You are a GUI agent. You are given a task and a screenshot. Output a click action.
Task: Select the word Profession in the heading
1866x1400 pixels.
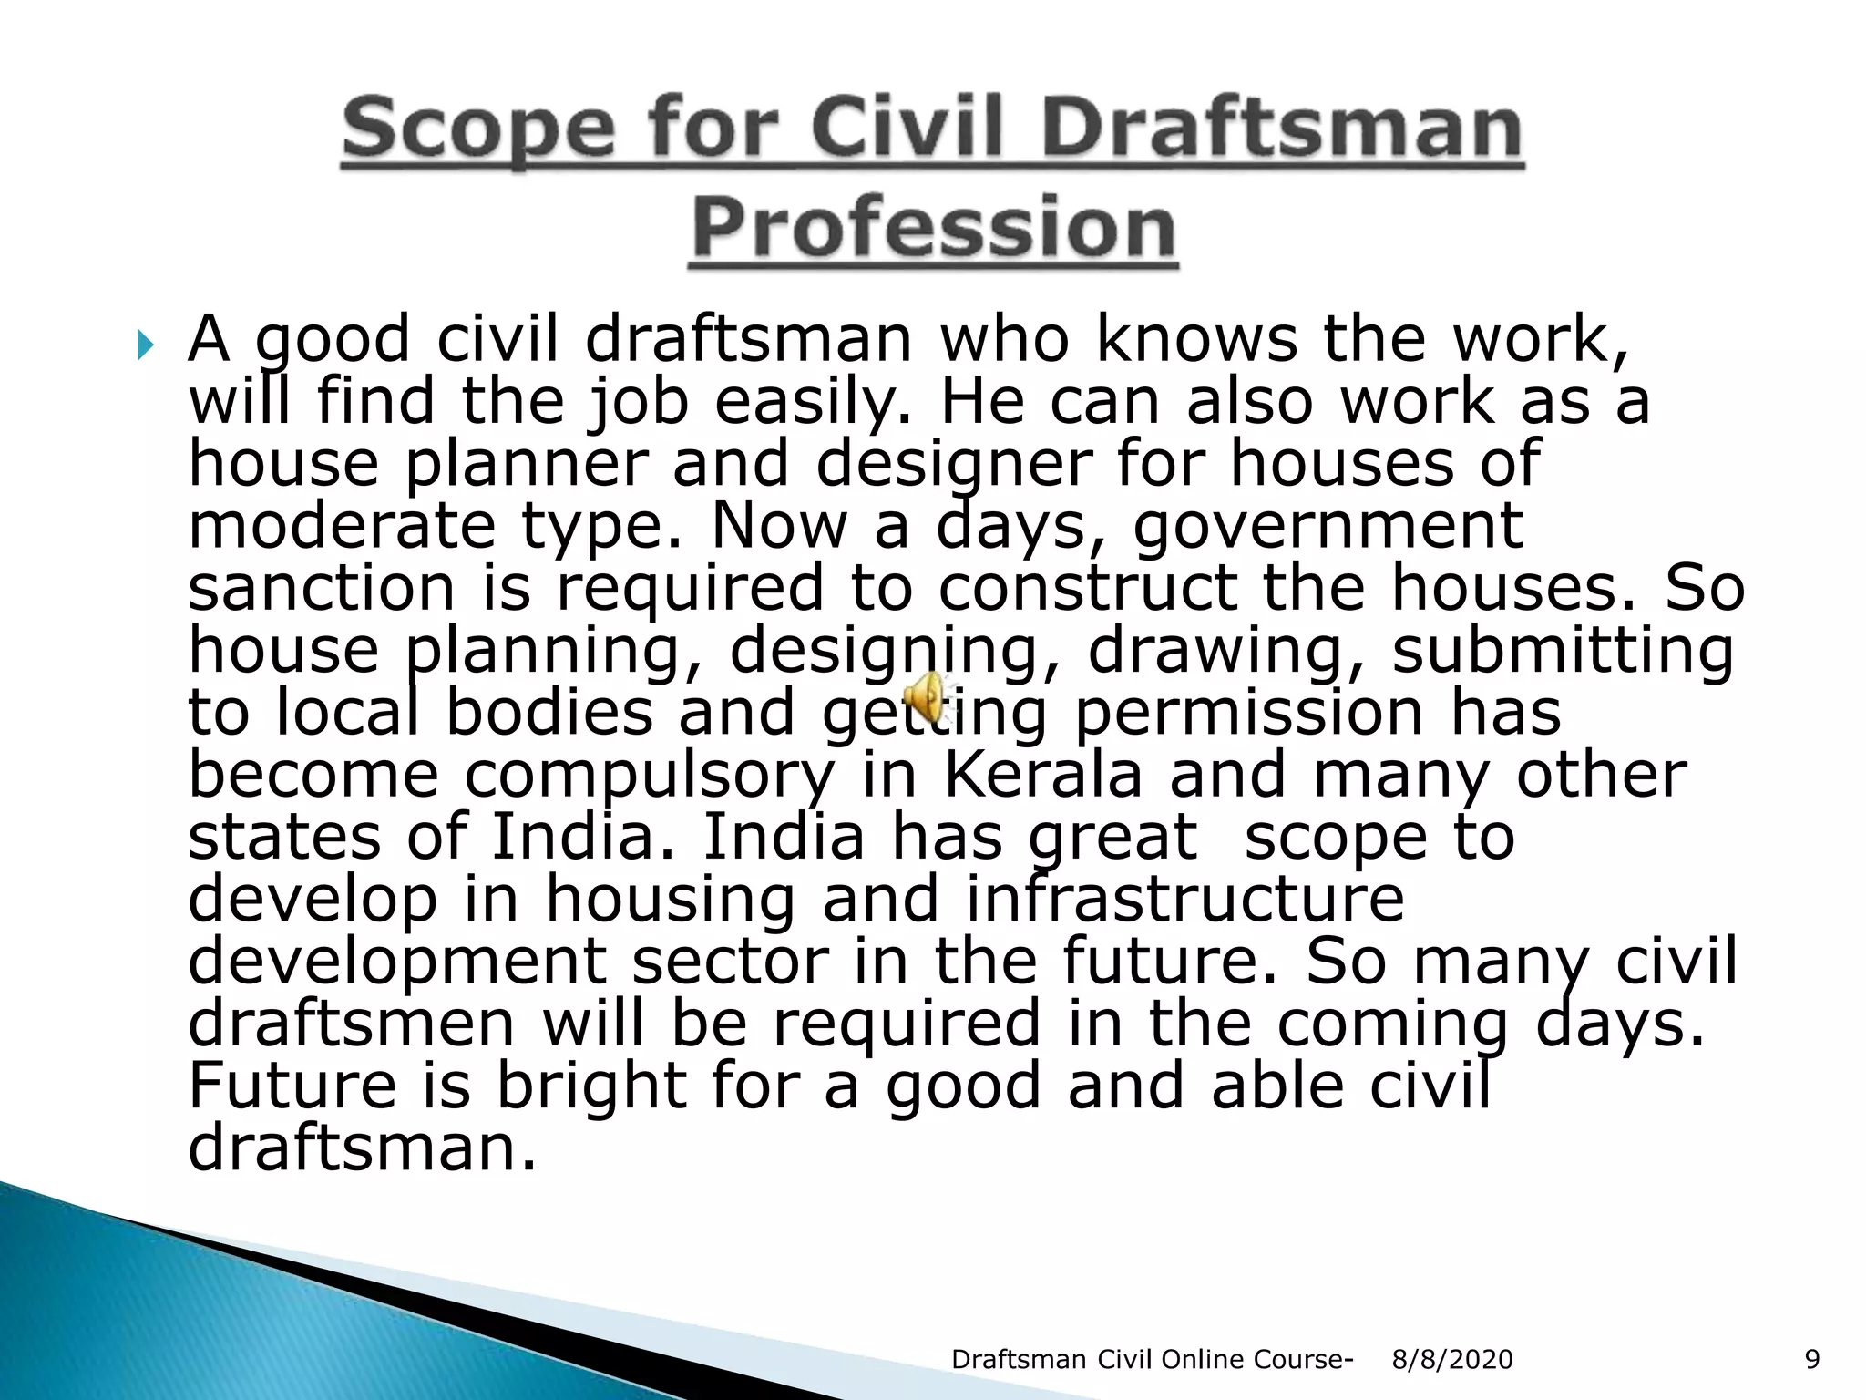tap(933, 228)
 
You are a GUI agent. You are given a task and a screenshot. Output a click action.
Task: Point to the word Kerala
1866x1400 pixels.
tap(1042, 775)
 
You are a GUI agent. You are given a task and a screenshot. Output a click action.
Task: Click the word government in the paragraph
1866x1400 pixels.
tap(1328, 527)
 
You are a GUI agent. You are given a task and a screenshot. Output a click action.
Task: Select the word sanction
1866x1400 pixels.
tap(321, 588)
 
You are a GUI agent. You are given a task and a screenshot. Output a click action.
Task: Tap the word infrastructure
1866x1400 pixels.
tap(1184, 899)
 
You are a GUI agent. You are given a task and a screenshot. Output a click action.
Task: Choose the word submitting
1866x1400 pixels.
tap(1563, 651)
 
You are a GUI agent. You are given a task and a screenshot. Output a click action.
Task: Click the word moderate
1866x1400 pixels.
tap(341, 527)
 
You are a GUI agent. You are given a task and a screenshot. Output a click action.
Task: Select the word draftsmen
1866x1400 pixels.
tap(352, 1024)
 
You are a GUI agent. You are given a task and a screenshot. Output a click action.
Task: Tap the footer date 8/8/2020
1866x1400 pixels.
tap(1452, 1360)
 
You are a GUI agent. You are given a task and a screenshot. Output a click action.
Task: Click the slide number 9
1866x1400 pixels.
tap(1812, 1360)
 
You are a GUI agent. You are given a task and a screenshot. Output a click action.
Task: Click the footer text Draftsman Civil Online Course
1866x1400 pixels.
tap(1151, 1360)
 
